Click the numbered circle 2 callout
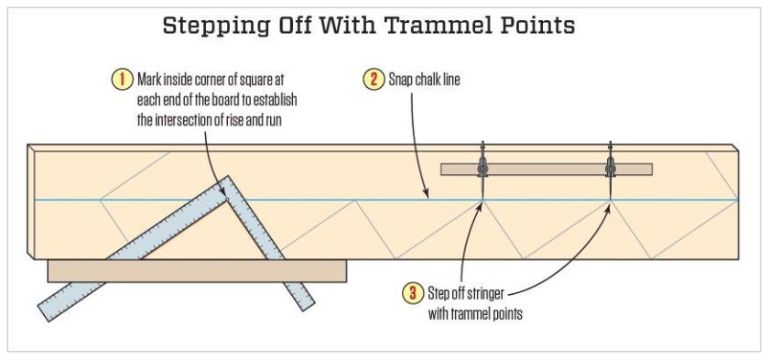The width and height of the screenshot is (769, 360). (x=374, y=79)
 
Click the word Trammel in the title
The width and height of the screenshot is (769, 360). (x=426, y=25)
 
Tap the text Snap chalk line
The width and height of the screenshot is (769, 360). (x=425, y=80)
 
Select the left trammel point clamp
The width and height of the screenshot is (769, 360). (x=482, y=168)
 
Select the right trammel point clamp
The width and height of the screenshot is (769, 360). (x=610, y=168)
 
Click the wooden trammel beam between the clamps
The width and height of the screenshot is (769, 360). (x=546, y=169)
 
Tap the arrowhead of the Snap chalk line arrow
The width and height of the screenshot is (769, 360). (x=428, y=195)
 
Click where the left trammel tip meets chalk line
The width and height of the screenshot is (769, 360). (x=482, y=199)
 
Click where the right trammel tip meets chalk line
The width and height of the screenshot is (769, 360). (x=610, y=199)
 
